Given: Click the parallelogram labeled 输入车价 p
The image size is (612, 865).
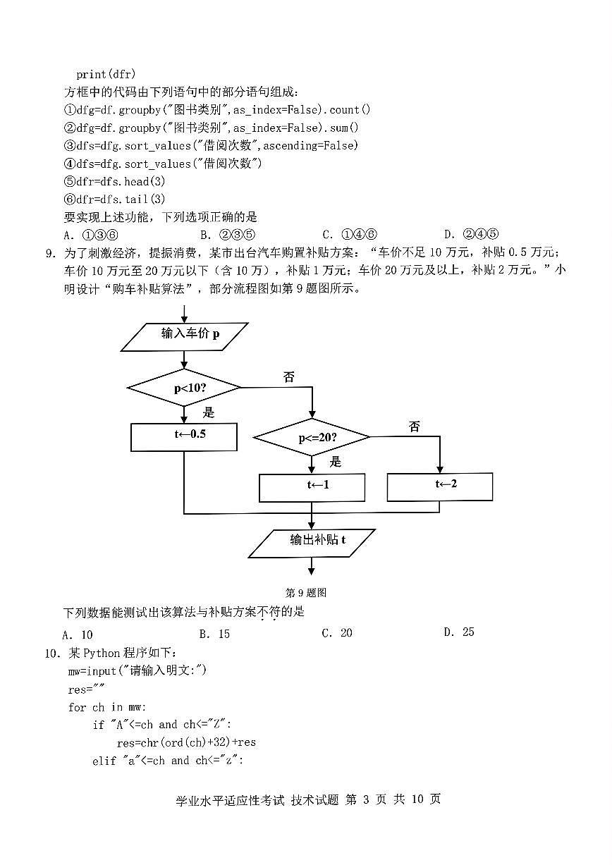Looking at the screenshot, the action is [x=185, y=336].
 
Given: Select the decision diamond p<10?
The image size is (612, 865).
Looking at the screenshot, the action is [x=185, y=388].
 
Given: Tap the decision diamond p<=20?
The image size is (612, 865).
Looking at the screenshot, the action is [x=312, y=438].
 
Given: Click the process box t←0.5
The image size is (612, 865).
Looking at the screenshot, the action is [x=184, y=436].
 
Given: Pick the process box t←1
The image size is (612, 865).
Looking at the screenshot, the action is [x=312, y=486].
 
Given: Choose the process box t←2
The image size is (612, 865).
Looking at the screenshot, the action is [x=439, y=485].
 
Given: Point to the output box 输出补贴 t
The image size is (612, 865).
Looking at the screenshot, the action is [x=312, y=541].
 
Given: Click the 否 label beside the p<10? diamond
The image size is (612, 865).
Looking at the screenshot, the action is [x=288, y=376].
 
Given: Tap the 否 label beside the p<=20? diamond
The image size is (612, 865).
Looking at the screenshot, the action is [x=414, y=427].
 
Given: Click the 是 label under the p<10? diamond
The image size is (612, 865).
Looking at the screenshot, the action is [x=209, y=412].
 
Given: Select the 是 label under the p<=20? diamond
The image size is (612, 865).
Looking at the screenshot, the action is [x=336, y=462].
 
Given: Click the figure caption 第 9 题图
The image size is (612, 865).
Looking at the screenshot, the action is [x=305, y=593].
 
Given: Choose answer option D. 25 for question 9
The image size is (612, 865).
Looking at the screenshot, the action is [x=459, y=632].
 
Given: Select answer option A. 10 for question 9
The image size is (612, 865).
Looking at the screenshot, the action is [x=78, y=634].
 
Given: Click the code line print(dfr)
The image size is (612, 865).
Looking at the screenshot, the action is [x=106, y=74].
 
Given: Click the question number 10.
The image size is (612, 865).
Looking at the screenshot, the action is [x=53, y=654].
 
